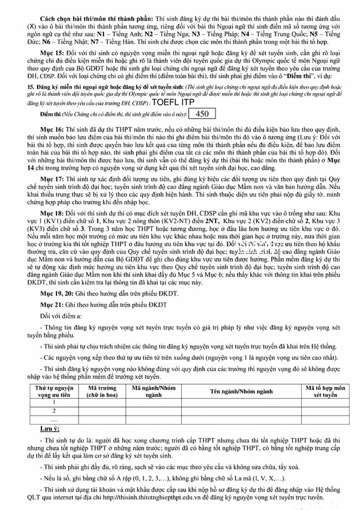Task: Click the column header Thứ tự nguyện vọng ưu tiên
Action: [x=54, y=391]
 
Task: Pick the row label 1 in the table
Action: [x=54, y=402]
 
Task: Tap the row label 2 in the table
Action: [x=54, y=411]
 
